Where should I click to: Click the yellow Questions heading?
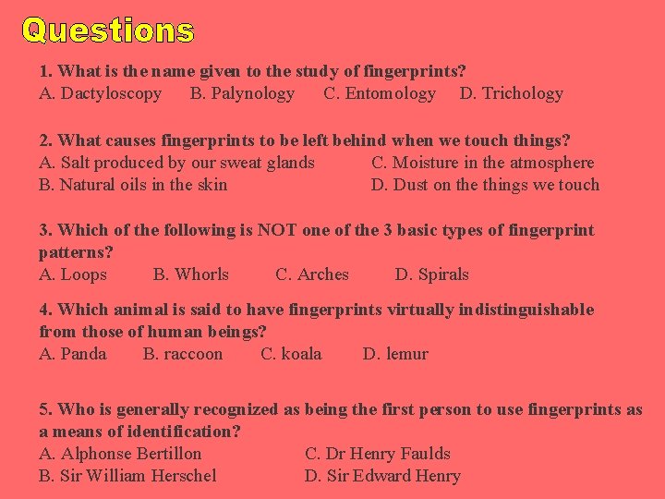tap(108, 30)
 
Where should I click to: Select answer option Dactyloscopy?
tap(101, 93)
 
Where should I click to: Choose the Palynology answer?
tap(242, 93)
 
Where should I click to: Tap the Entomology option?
tap(380, 93)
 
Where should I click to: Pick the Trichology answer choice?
tap(511, 93)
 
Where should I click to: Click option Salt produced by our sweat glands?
tap(176, 163)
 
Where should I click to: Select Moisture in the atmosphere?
tap(482, 163)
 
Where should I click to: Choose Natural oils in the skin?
tap(133, 185)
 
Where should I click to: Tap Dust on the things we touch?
tap(485, 185)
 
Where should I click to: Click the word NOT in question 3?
tap(277, 230)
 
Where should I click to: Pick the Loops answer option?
tap(73, 274)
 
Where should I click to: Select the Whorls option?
tap(190, 274)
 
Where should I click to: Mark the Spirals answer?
tap(431, 274)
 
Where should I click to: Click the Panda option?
tap(73, 354)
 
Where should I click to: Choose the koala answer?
tap(291, 354)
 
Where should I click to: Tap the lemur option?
tap(395, 354)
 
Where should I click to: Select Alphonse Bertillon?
tap(120, 454)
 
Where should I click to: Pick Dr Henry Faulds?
tap(378, 454)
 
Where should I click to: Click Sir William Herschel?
tap(127, 476)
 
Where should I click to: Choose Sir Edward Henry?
tap(382, 476)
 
